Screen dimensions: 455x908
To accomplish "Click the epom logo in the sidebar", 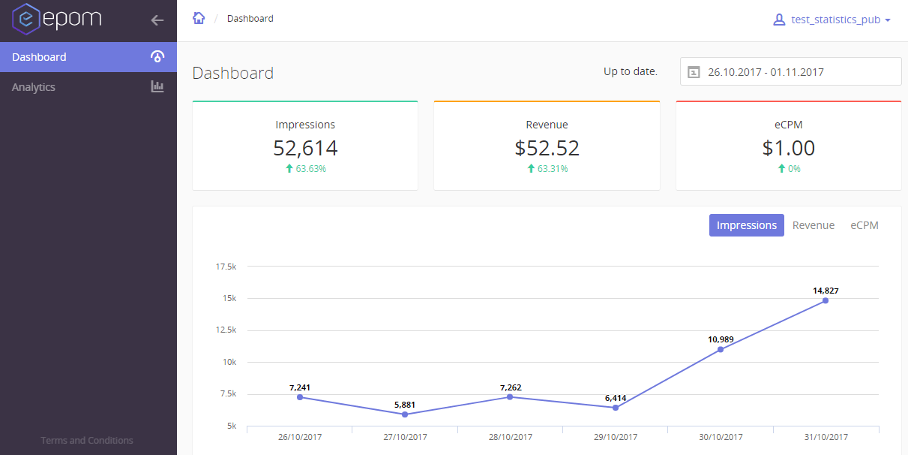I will (x=56, y=20).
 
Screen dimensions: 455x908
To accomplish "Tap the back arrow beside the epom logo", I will (x=157, y=20).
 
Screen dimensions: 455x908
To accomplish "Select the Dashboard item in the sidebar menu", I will (x=39, y=57).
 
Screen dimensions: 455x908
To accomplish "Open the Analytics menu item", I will (x=34, y=87).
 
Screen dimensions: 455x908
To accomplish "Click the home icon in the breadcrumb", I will (x=199, y=18).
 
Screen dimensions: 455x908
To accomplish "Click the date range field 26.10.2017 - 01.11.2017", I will (x=790, y=72).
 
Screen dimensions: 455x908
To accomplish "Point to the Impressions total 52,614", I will (x=305, y=148).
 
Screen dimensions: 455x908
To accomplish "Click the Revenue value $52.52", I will (x=547, y=148).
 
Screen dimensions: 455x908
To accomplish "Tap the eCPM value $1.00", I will (x=788, y=148).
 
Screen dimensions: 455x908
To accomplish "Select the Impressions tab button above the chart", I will (x=746, y=225).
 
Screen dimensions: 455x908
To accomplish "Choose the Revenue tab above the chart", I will (x=814, y=225).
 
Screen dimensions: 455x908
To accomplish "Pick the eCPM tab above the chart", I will (x=864, y=225).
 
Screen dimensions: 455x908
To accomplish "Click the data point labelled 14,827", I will (x=826, y=300).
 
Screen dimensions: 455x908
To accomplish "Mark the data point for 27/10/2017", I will (x=405, y=414).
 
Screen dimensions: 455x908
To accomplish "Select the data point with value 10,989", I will (x=721, y=349).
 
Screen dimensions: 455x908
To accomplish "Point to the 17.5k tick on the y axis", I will (x=226, y=267).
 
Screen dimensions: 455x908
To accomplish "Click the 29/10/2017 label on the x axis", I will (x=615, y=437).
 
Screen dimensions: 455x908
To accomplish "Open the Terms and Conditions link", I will (x=87, y=441).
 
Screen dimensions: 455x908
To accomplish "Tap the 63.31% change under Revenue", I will (x=552, y=169).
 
